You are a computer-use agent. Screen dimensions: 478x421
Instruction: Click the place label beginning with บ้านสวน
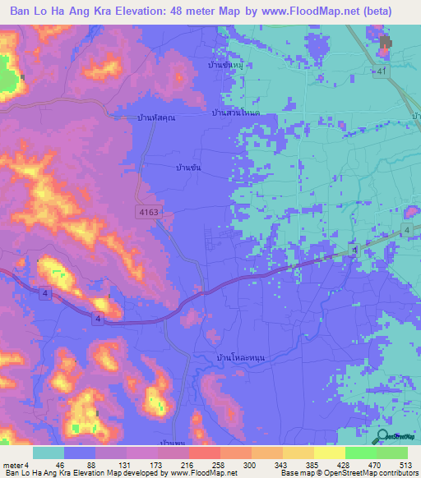(x=235, y=113)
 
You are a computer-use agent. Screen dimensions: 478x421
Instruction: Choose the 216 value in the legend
(x=187, y=465)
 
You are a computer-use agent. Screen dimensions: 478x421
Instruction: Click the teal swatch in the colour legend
(x=49, y=453)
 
